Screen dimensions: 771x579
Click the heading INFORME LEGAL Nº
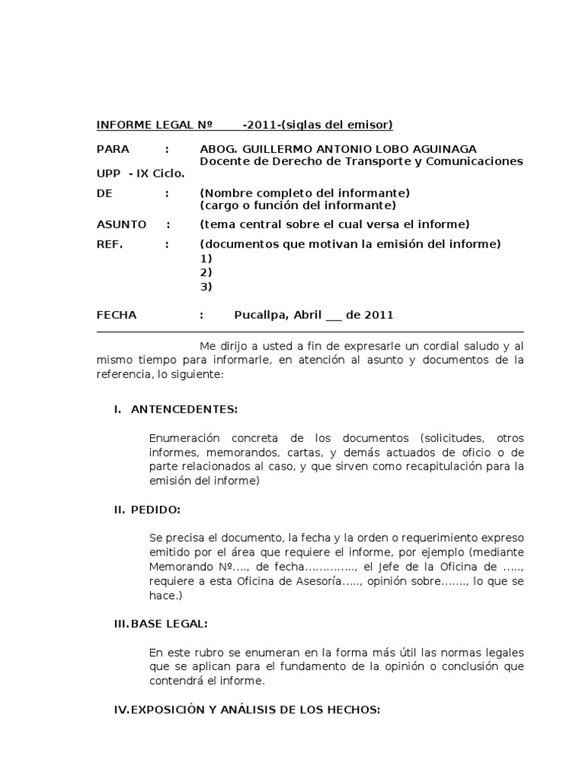[154, 124]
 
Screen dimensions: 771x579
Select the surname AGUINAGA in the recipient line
[446, 149]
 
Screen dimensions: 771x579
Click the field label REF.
[109, 244]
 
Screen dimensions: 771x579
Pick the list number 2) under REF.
[206, 272]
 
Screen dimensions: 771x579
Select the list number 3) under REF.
[206, 286]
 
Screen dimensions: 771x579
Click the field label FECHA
[116, 315]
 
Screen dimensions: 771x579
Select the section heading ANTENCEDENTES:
[184, 410]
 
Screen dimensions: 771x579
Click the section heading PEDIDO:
[155, 510]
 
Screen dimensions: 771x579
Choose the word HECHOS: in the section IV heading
[353, 709]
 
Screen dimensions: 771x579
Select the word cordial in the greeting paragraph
[435, 346]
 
